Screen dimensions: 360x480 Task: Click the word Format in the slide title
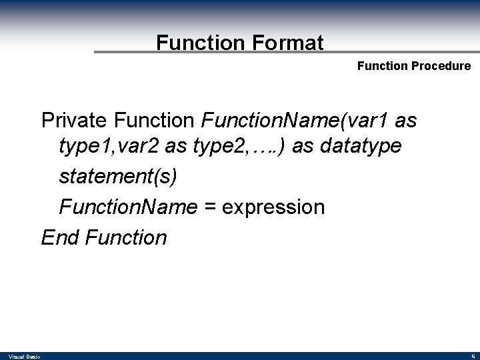[288, 43]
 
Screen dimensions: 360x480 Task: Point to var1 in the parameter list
[365, 121]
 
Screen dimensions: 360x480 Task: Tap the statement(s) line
[119, 177]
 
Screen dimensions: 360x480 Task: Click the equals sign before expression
[209, 207]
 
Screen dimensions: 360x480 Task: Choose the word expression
[273, 207]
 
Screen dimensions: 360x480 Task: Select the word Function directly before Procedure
[383, 66]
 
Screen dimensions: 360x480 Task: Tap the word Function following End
[127, 237]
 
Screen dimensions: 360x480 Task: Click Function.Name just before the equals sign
[128, 207]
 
